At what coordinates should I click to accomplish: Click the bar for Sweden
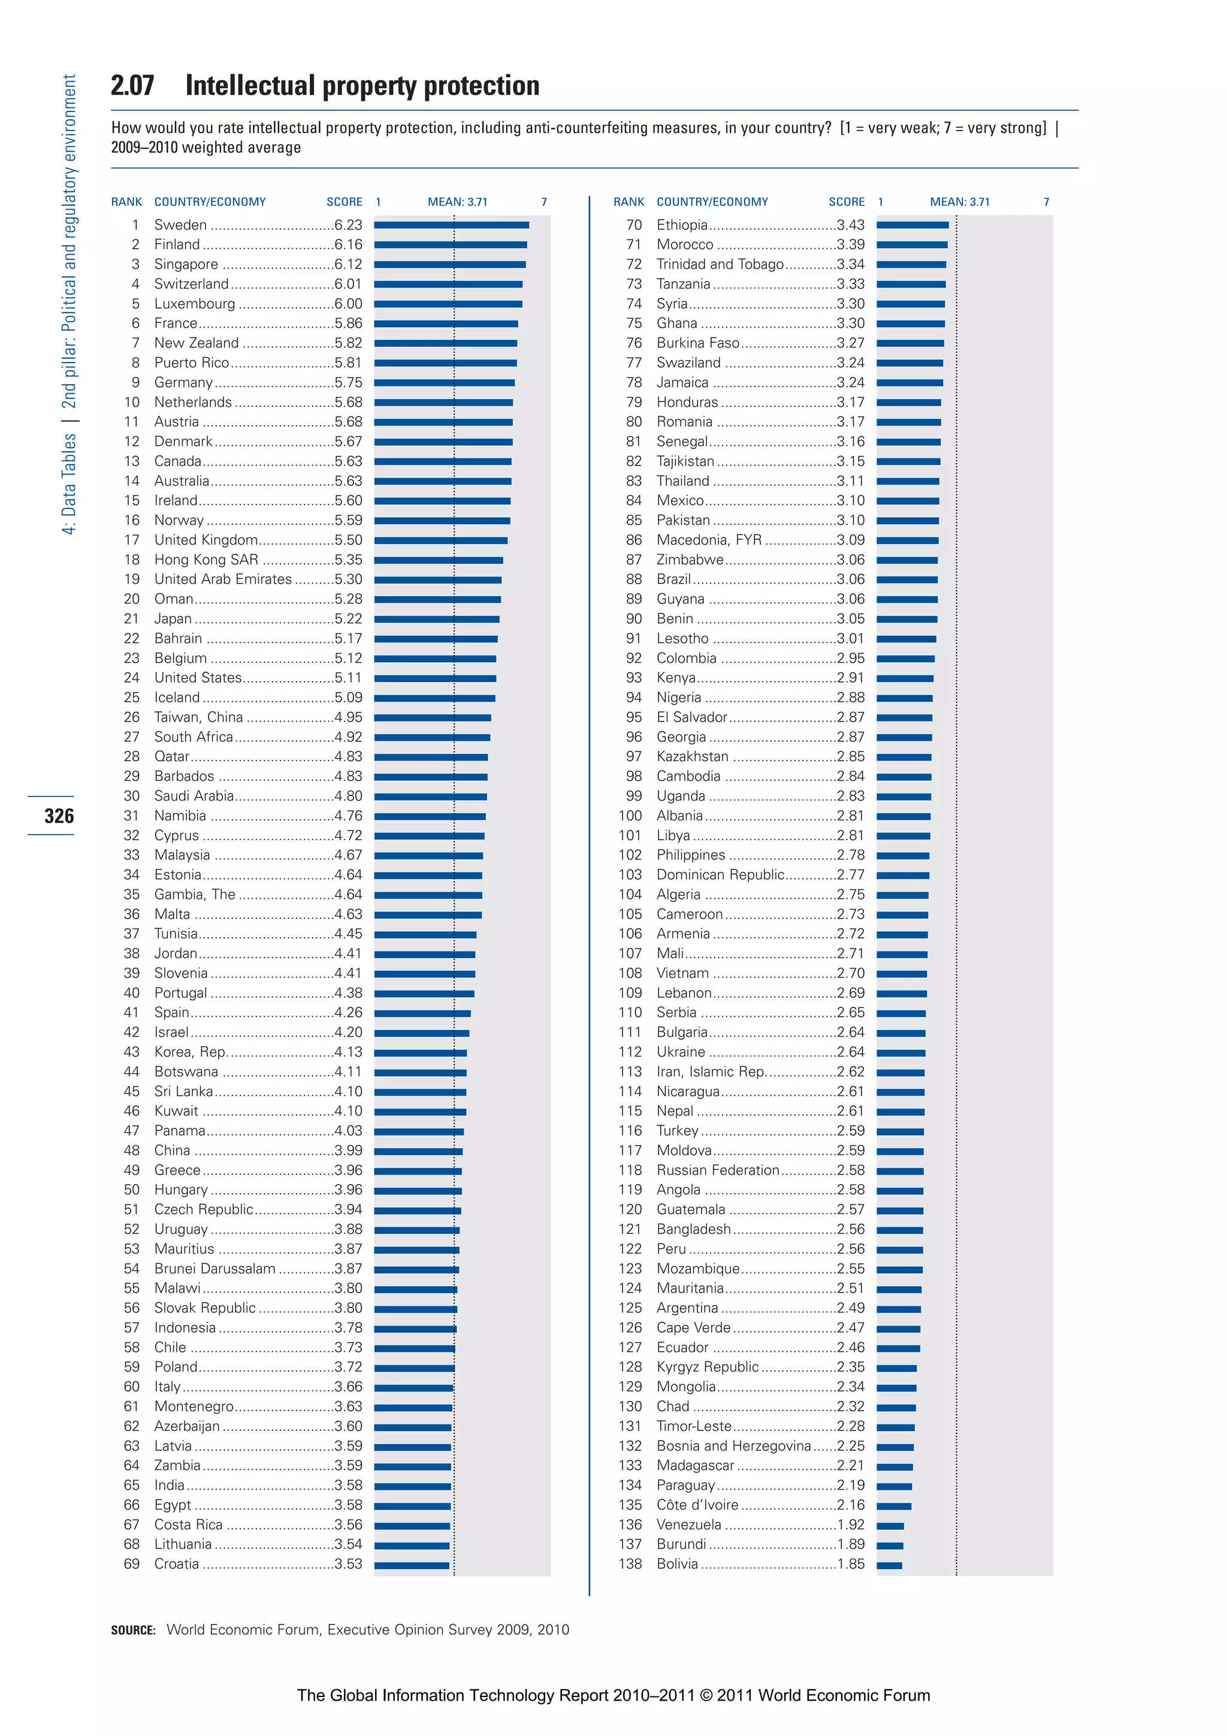(451, 225)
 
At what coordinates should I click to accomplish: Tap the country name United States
(198, 678)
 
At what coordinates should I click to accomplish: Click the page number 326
(59, 816)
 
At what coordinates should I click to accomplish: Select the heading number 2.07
(132, 86)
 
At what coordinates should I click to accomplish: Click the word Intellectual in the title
(250, 86)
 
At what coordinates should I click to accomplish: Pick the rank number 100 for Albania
(630, 816)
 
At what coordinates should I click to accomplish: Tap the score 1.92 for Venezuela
(851, 1525)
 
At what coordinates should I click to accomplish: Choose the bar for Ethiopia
(912, 225)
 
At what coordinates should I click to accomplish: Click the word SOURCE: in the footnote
(133, 1630)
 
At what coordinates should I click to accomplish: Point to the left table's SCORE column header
(344, 202)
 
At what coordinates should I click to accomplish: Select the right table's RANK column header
(628, 202)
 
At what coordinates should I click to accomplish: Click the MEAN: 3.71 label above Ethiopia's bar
(959, 202)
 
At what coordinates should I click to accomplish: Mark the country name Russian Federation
(718, 1170)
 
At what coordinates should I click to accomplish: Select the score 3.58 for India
(349, 1486)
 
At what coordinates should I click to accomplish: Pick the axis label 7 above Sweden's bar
(543, 202)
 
